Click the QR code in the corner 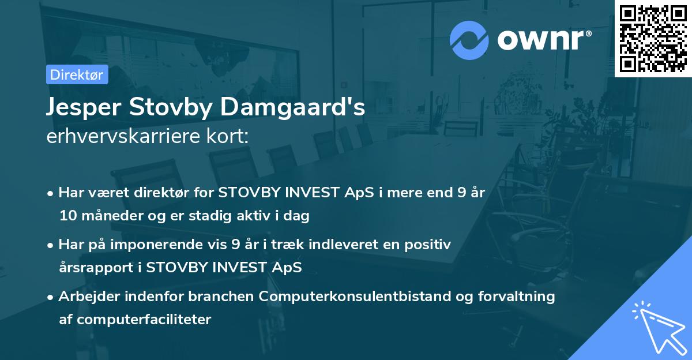click(x=653, y=39)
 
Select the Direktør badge click(x=77, y=74)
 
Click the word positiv click(x=429, y=245)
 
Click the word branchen click(x=221, y=297)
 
